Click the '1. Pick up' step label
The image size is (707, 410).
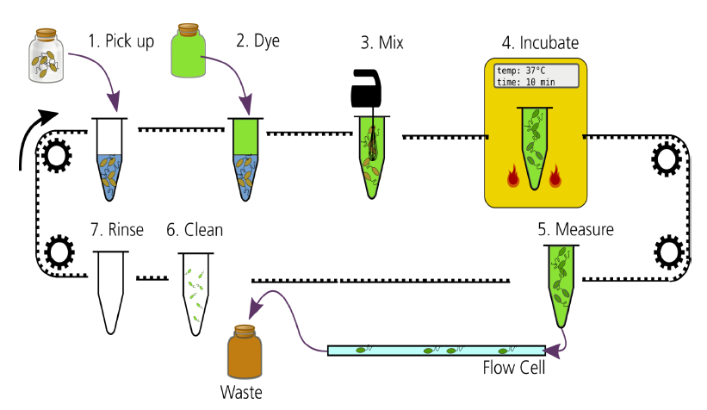tap(121, 40)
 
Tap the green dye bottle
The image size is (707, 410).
tap(195, 53)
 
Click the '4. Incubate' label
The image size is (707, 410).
tap(540, 42)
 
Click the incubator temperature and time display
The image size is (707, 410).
tap(536, 75)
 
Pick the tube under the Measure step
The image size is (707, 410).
tap(561, 284)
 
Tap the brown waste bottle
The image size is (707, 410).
tap(245, 354)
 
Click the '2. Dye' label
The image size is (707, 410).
tap(258, 40)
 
